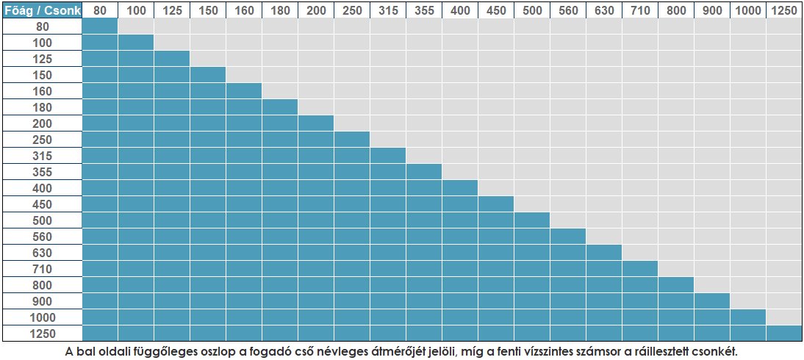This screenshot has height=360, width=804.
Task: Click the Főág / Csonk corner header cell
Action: (x=41, y=10)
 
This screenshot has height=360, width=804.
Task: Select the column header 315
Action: (x=387, y=10)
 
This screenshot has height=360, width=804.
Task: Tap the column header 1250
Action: (x=783, y=10)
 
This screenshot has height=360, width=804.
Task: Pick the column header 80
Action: (x=99, y=10)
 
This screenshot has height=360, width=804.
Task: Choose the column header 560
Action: (x=567, y=10)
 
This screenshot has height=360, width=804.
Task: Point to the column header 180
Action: (x=279, y=10)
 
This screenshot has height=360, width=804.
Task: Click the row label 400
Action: (x=41, y=188)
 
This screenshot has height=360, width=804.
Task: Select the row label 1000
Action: (x=41, y=317)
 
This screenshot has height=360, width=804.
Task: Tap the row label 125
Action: (x=41, y=58)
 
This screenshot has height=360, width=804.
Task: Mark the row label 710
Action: (x=41, y=269)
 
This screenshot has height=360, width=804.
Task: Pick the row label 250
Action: (x=41, y=140)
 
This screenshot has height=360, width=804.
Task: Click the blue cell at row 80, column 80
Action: (x=99, y=26)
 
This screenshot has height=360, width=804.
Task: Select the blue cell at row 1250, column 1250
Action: (x=783, y=334)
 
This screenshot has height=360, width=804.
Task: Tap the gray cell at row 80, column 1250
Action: (x=783, y=26)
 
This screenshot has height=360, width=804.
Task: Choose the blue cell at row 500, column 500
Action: (x=531, y=220)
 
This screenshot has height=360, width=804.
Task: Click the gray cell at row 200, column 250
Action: (x=351, y=123)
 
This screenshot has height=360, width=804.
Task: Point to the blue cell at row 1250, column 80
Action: (x=99, y=334)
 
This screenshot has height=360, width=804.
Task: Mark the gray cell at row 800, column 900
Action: (x=711, y=285)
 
